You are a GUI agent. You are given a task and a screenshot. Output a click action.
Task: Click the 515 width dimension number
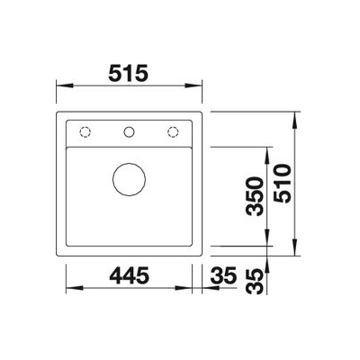tap(128, 73)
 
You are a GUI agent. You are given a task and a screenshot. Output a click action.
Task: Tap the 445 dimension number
tap(130, 275)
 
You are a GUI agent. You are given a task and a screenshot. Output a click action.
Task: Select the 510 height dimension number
tap(283, 184)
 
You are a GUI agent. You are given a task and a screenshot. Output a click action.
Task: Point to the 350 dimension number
tap(255, 196)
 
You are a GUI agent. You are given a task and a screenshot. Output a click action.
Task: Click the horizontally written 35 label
tap(223, 275)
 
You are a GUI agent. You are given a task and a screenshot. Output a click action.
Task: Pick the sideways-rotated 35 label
tap(255, 282)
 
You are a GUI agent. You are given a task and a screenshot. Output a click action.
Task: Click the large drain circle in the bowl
tap(129, 179)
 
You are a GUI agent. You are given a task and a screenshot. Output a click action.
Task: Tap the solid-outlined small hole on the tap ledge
tap(129, 131)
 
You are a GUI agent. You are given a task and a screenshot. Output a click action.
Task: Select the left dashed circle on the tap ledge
tap(85, 131)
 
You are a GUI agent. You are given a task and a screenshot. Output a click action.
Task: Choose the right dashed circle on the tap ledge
tap(173, 131)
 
